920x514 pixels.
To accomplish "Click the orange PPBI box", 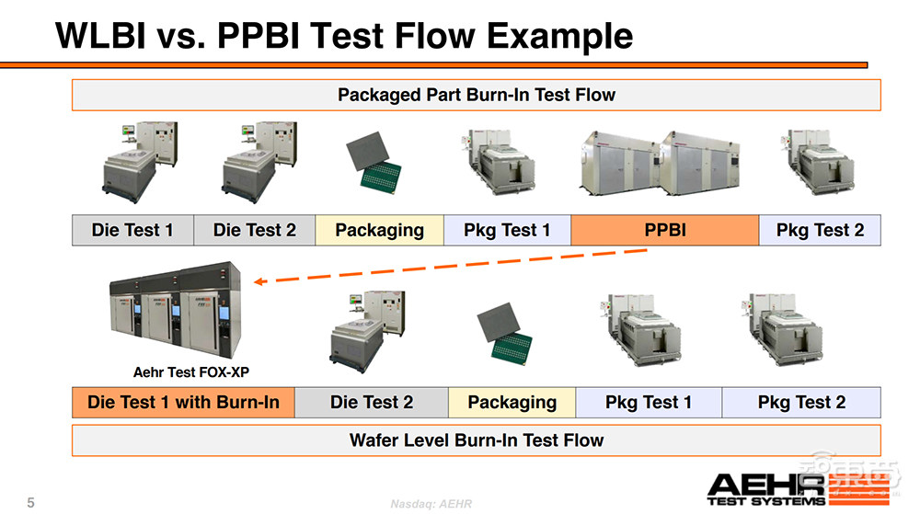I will tap(664, 230).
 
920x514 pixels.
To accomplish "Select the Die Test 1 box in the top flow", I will tap(132, 230).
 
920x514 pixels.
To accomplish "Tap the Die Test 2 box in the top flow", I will tap(255, 230).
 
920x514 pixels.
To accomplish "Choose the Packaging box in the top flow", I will tap(379, 230).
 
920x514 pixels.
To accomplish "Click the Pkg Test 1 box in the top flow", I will tap(507, 230).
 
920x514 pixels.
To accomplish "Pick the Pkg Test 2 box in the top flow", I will tap(820, 230).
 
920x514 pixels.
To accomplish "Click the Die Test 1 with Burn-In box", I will tap(183, 402).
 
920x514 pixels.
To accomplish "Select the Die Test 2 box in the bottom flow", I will tap(372, 402).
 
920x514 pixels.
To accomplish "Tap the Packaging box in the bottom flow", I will tap(512, 402).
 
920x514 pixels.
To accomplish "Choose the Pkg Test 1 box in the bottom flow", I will tap(649, 402).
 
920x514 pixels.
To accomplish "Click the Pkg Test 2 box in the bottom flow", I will tap(801, 402).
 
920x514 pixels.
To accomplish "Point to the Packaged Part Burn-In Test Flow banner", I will tap(476, 95).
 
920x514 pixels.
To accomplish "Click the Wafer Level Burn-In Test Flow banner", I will tap(476, 440).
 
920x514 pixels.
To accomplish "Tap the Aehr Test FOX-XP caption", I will tap(191, 372).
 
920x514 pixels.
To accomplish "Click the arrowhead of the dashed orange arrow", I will tap(258, 281).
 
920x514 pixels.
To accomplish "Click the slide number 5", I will tap(31, 502).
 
